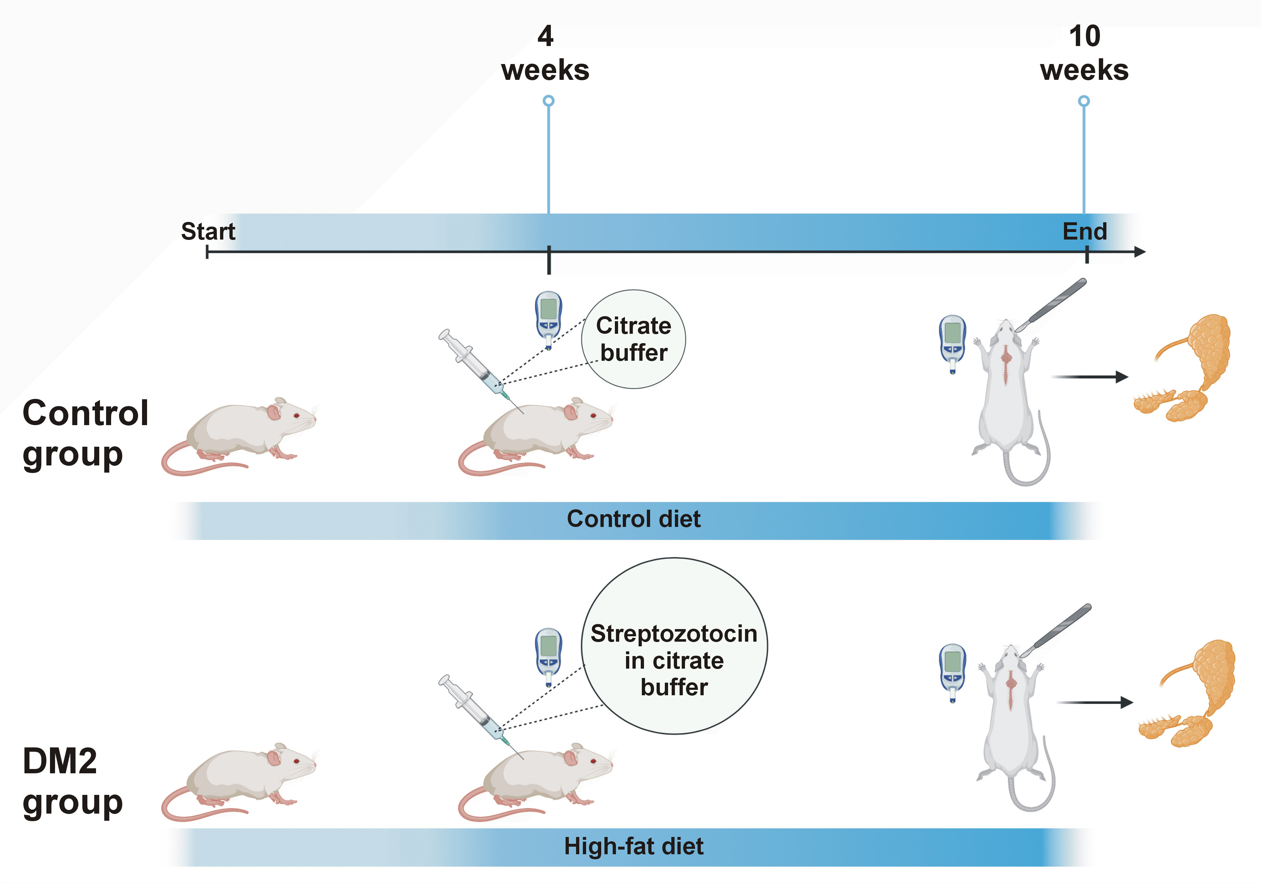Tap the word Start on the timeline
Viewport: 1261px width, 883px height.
point(208,231)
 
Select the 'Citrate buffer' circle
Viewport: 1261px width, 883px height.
point(633,339)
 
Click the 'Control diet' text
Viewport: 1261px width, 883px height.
point(633,519)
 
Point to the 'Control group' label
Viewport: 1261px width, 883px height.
point(85,433)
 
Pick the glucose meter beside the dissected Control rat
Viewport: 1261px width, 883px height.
point(952,343)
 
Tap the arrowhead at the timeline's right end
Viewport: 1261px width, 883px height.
point(1140,252)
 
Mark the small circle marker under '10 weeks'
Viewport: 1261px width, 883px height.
point(1084,101)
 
